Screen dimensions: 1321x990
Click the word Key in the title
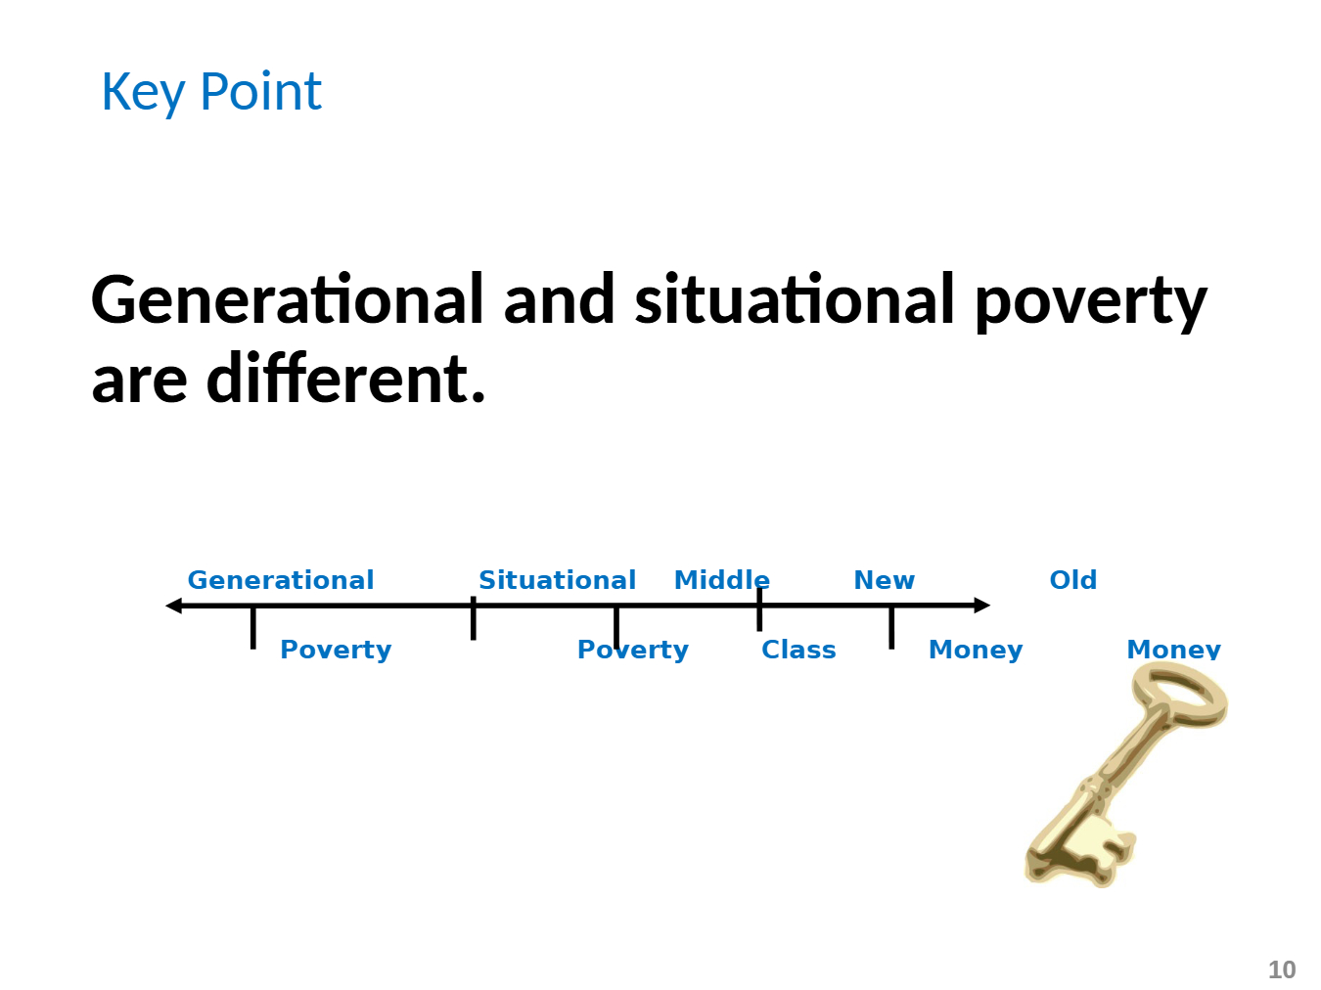(x=143, y=93)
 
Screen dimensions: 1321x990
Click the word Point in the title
(x=260, y=91)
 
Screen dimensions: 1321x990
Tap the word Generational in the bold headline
(x=287, y=299)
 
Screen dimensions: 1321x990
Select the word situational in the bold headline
(x=795, y=299)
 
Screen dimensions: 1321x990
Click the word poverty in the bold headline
(x=1091, y=303)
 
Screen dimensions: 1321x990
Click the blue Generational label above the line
(x=281, y=580)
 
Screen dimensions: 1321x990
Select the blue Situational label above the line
(x=557, y=580)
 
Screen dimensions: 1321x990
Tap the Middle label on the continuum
(x=721, y=580)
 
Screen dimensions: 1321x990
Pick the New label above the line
(x=884, y=580)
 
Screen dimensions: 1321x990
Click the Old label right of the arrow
(x=1073, y=580)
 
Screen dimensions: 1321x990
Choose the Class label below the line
(x=798, y=650)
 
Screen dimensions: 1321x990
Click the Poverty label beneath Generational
(x=336, y=651)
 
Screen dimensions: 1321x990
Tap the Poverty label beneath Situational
(x=632, y=651)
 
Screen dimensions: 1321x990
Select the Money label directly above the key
(x=1173, y=650)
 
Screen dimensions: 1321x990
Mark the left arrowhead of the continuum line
(x=174, y=606)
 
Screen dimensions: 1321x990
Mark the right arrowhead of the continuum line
(x=981, y=606)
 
